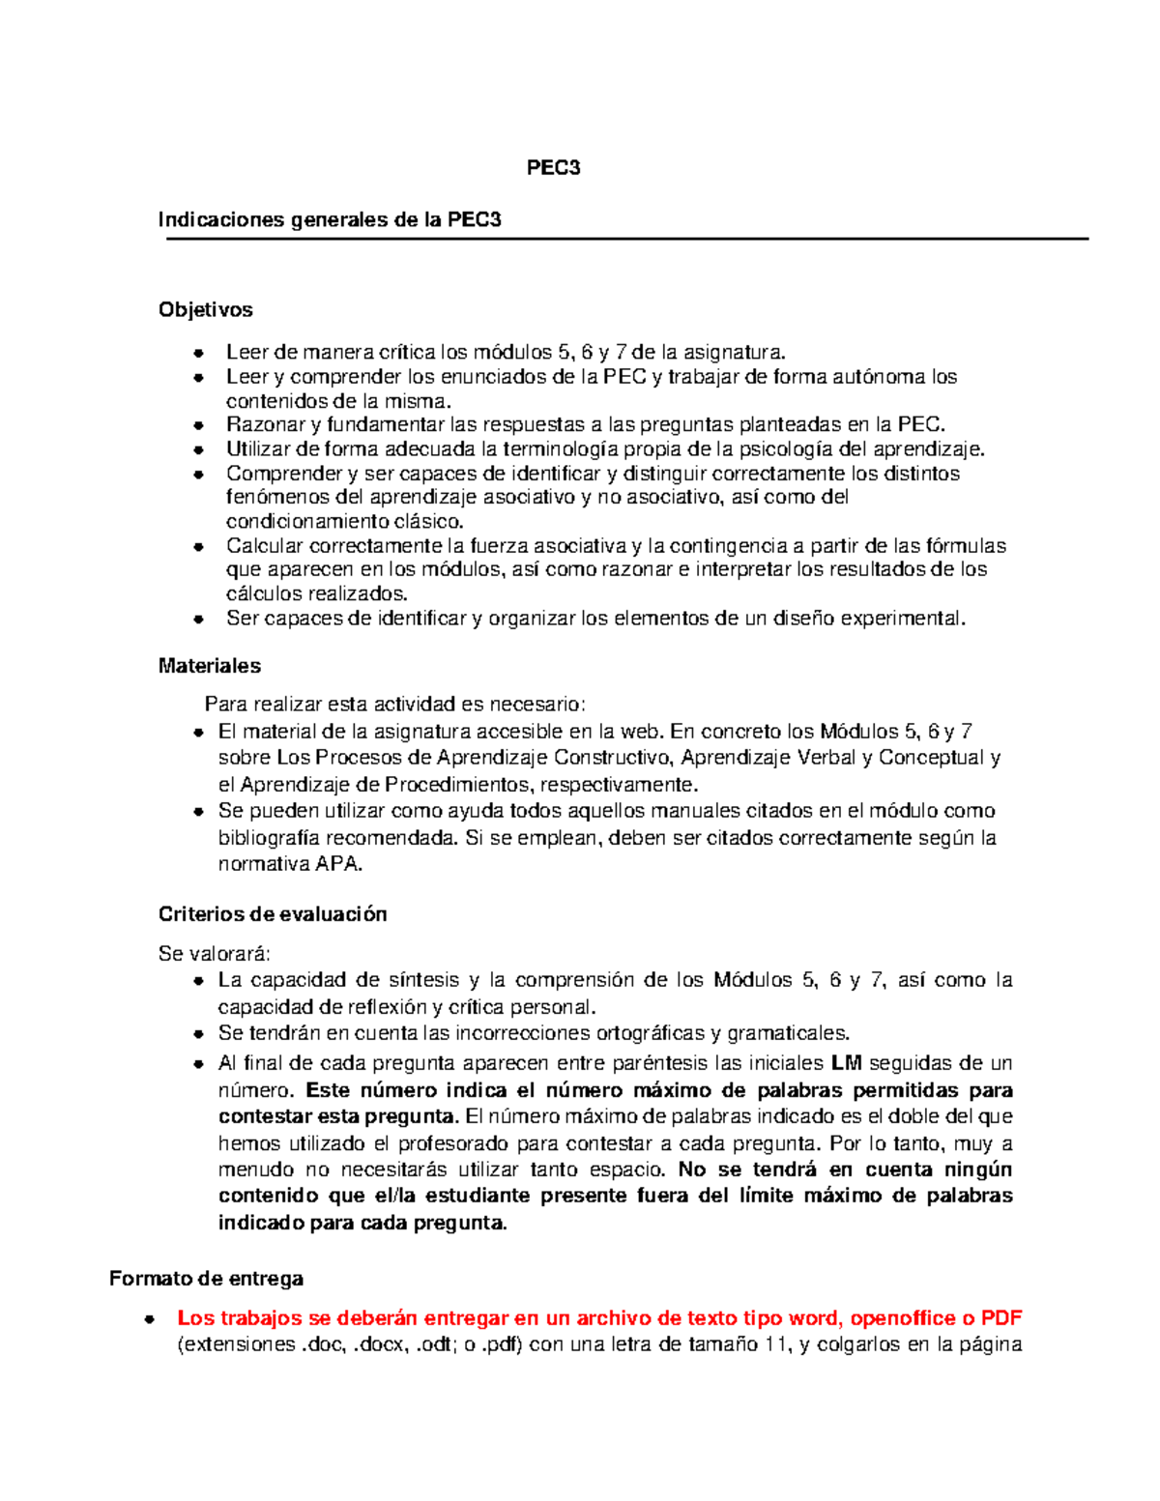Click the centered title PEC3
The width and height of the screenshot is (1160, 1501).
pyautogui.click(x=553, y=168)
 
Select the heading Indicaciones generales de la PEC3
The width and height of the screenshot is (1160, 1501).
pyautogui.click(x=330, y=219)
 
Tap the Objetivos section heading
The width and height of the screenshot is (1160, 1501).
pyautogui.click(x=205, y=310)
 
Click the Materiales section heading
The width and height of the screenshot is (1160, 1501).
pyautogui.click(x=209, y=666)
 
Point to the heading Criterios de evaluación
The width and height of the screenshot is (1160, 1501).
pyautogui.click(x=272, y=914)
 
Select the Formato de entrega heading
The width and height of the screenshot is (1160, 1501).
pyautogui.click(x=206, y=1279)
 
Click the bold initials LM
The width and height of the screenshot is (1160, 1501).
pyautogui.click(x=846, y=1063)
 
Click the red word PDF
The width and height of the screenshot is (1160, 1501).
pyautogui.click(x=1001, y=1318)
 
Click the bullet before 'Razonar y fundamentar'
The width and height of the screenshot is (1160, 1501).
pyautogui.click(x=198, y=425)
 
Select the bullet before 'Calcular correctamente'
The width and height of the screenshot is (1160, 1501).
pyautogui.click(x=198, y=546)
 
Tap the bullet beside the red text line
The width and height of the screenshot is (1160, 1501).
pyautogui.click(x=150, y=1319)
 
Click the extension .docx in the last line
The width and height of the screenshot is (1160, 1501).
pyautogui.click(x=380, y=1344)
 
